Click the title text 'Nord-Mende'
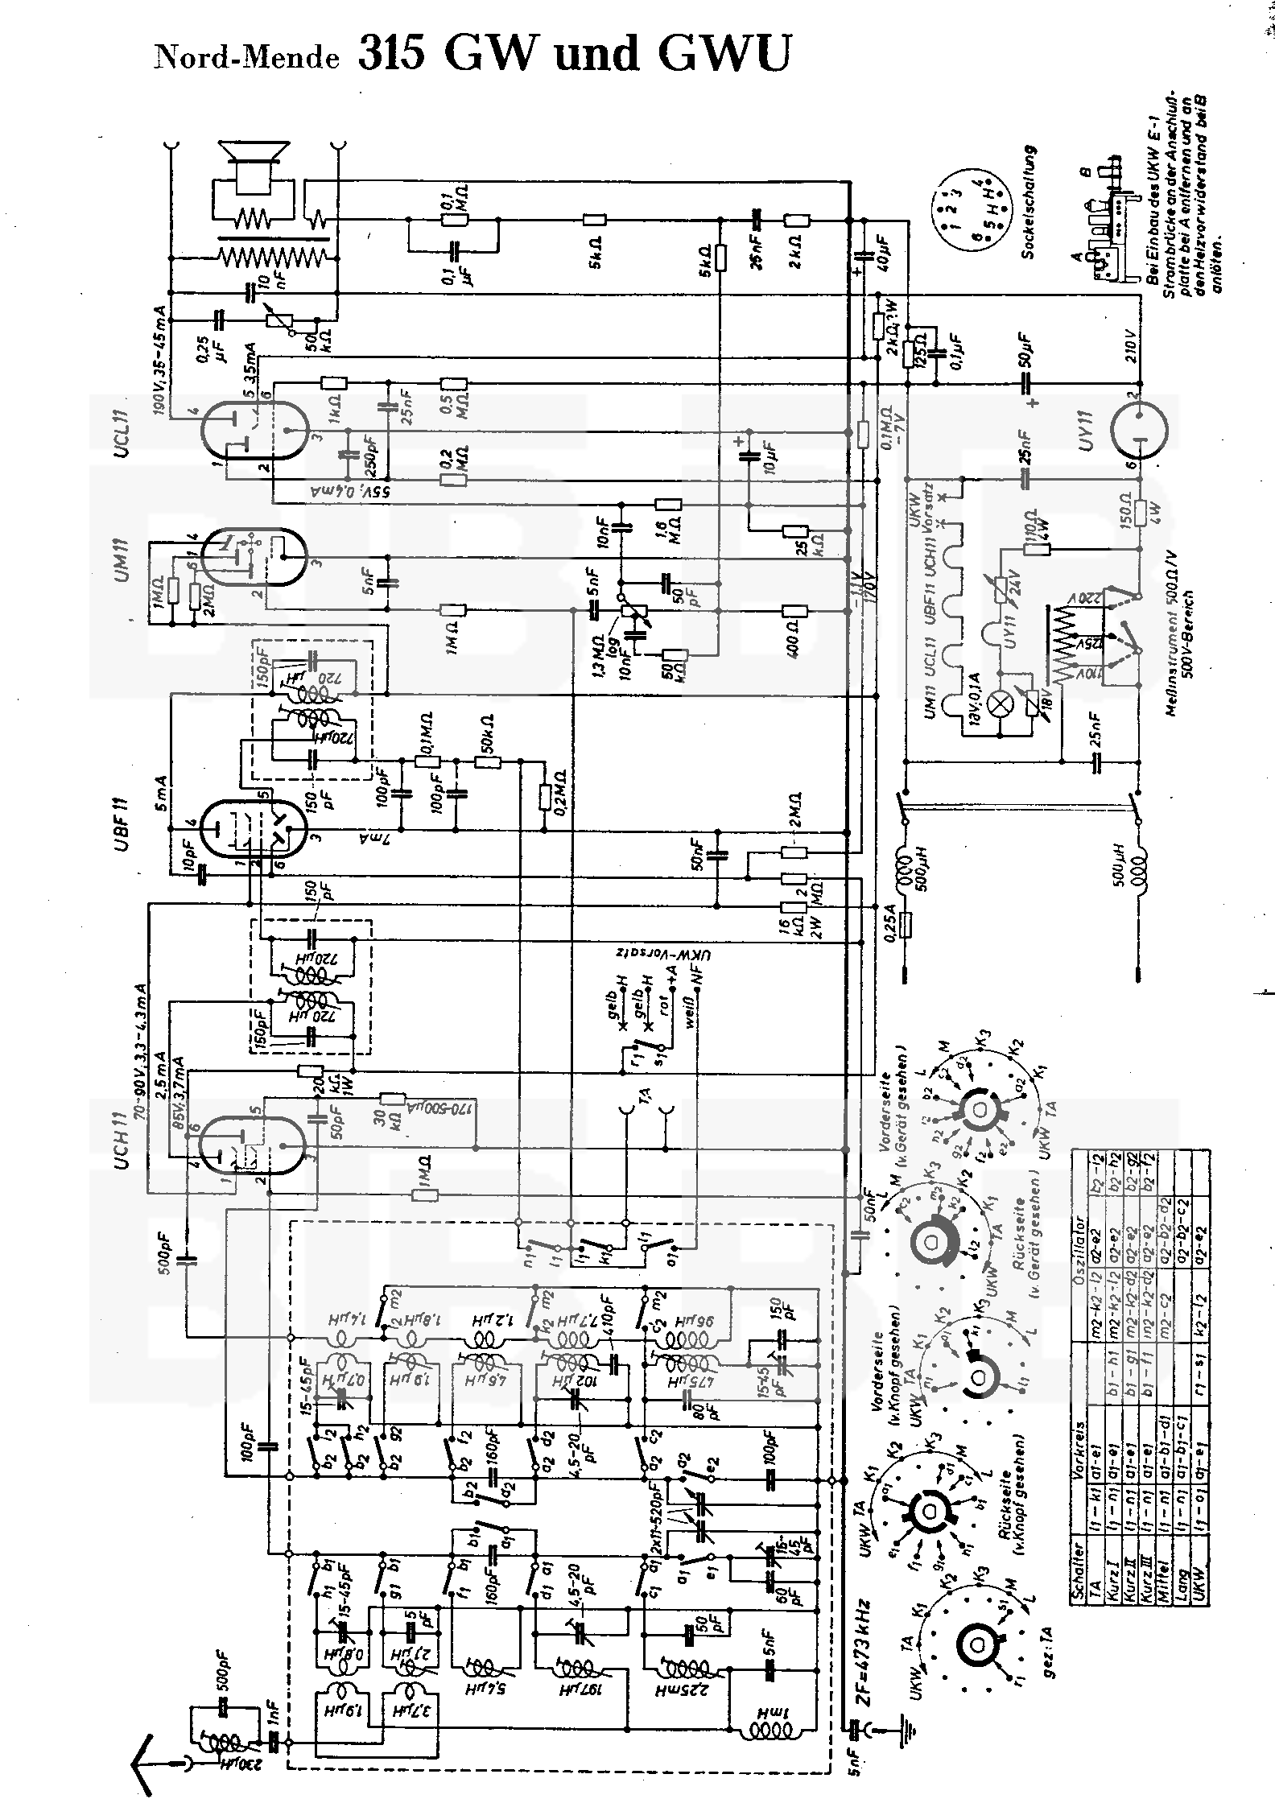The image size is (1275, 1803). coord(247,57)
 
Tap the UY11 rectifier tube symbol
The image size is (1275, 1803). coord(1139,427)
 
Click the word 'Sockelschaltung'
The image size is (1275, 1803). coord(1028,201)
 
